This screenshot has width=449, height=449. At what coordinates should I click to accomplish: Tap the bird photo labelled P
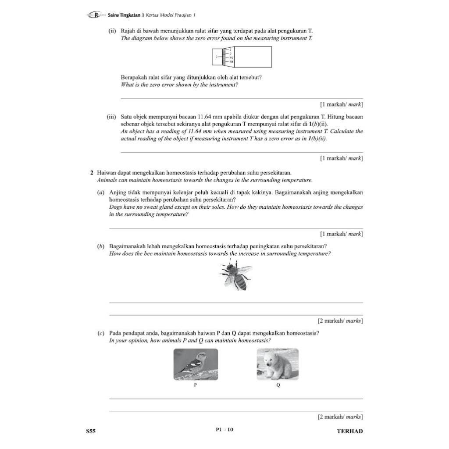196,364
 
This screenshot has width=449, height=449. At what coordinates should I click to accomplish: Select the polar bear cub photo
277,364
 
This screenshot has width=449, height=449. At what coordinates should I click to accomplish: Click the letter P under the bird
195,385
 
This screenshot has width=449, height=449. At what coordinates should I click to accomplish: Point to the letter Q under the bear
278,385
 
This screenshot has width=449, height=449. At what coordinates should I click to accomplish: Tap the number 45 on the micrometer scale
231,58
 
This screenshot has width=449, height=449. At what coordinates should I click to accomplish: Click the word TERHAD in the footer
349,431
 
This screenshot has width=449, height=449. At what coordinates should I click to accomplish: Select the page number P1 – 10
224,430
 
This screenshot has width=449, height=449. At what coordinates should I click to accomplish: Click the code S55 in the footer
91,431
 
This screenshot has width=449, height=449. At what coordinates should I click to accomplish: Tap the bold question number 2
92,173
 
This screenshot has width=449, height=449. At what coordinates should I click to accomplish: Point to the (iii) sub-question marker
111,117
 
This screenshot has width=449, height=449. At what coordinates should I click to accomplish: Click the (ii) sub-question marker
112,31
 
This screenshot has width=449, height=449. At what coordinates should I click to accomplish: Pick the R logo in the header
96,15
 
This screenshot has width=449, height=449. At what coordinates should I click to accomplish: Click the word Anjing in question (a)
118,192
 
